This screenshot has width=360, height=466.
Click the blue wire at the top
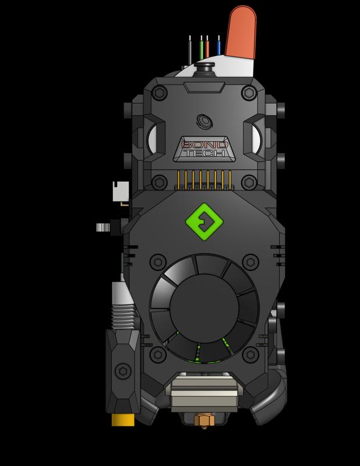218,47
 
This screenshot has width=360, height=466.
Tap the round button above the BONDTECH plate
204,120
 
